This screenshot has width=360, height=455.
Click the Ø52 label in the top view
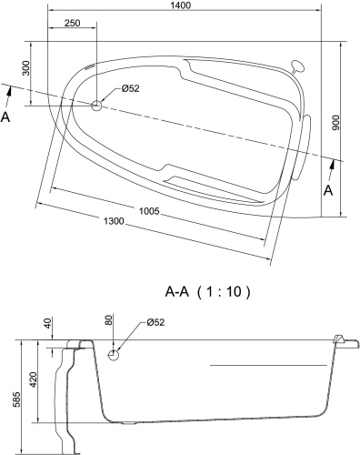click(x=130, y=89)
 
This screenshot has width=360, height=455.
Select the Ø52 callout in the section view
click(x=154, y=323)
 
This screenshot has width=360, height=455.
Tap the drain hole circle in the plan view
click(x=96, y=105)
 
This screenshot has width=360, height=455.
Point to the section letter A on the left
click(x=7, y=117)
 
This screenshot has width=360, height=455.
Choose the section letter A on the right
click(x=329, y=189)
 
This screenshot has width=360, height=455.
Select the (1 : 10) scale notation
click(x=224, y=292)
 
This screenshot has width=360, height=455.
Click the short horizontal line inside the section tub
click(x=268, y=365)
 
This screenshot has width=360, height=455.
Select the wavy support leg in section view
click(x=66, y=400)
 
